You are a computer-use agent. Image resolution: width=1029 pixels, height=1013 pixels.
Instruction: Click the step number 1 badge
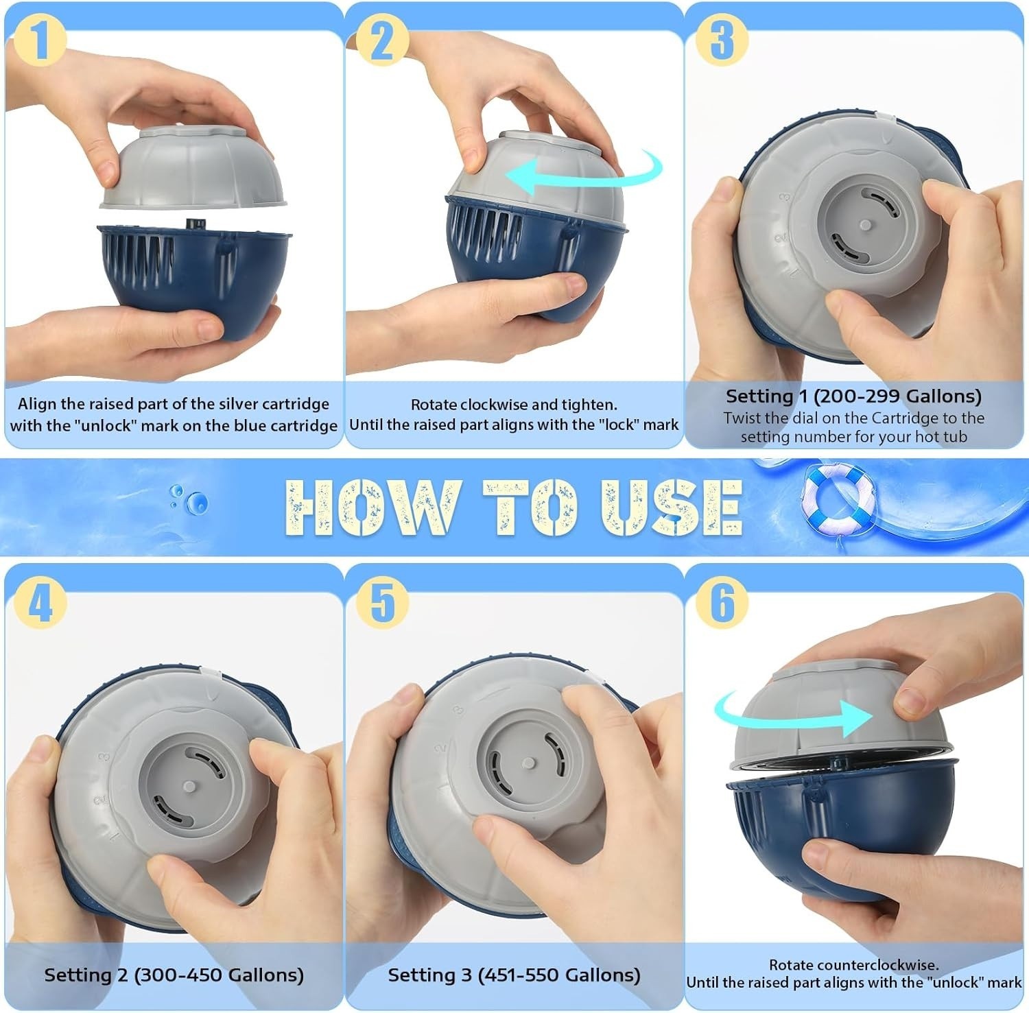coord(39,40)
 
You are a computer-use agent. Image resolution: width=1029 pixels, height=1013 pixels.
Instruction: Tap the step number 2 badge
coord(382,40)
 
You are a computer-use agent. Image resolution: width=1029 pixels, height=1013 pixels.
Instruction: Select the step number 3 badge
coord(721,40)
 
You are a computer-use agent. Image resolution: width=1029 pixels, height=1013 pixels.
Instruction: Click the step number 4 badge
coord(39,602)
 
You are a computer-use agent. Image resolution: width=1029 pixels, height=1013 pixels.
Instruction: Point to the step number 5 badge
coord(382,602)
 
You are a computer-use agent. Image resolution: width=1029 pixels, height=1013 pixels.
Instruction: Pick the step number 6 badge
coord(721,602)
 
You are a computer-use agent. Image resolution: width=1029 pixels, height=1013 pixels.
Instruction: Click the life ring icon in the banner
coord(837,498)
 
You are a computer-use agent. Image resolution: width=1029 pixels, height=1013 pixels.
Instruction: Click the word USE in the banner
coord(672,508)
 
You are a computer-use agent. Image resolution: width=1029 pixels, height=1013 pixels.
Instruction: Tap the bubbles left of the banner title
coord(189,499)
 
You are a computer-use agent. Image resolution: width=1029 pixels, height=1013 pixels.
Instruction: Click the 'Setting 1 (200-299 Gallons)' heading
coord(853,396)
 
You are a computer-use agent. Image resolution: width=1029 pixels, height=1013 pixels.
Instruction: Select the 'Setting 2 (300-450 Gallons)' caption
coord(174,975)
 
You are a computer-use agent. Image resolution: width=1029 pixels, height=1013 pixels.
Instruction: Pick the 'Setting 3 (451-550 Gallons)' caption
coord(514,975)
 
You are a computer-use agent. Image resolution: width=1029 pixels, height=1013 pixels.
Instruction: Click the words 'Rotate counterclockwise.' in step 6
coord(853,964)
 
